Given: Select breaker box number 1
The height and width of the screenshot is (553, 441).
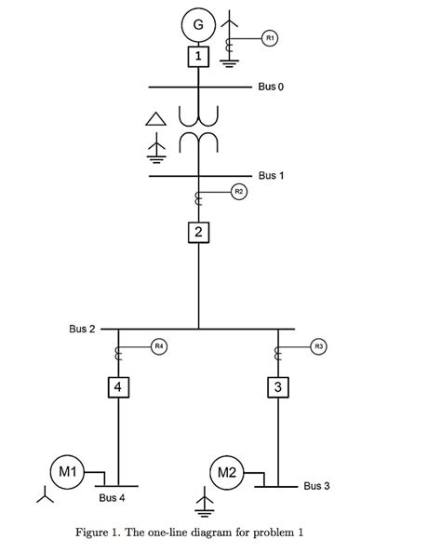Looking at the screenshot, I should (x=198, y=57).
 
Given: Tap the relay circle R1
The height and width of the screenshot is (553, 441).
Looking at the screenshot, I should (x=270, y=37).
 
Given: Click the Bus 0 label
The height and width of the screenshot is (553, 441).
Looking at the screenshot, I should (x=272, y=87).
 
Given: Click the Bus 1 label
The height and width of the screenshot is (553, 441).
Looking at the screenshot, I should (x=272, y=175).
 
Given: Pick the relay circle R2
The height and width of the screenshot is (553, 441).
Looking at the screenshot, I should (x=238, y=191).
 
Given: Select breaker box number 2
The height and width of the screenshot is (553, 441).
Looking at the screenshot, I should (x=198, y=232).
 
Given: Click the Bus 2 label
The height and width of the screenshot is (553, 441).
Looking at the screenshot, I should (x=82, y=329).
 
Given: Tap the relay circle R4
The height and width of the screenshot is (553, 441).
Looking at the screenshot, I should (x=159, y=346).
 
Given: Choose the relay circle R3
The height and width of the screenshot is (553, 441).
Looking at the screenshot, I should (x=319, y=346).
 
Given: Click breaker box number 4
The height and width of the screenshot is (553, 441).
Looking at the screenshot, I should (x=118, y=386).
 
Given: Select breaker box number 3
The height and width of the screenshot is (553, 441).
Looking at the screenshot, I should (x=277, y=386).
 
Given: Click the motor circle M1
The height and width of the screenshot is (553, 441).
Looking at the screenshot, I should (x=68, y=471).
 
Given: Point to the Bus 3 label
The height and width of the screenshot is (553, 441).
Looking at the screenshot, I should (x=317, y=486).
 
